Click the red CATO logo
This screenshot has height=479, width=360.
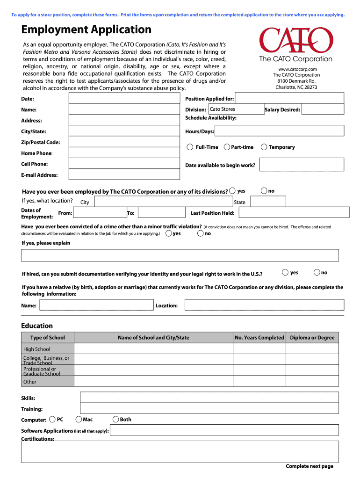(x=296, y=41)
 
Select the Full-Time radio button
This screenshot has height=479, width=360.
(x=190, y=147)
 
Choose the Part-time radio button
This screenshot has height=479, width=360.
(x=227, y=147)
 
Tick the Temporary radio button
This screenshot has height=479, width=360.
(x=265, y=147)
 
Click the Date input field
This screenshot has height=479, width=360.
(x=124, y=99)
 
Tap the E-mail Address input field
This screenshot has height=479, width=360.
(x=124, y=174)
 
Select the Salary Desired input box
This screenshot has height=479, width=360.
(x=323, y=109)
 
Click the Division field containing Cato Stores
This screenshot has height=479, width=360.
(x=236, y=109)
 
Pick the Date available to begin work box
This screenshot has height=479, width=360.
(x=302, y=165)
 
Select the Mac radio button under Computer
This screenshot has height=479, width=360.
(x=79, y=419)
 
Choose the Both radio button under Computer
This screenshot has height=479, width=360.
(x=116, y=419)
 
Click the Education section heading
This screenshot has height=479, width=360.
(x=37, y=326)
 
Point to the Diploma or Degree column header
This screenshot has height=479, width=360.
(x=312, y=337)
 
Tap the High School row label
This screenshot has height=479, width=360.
(x=37, y=349)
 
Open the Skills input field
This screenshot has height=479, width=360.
(x=209, y=398)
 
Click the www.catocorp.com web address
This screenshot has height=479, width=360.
(x=296, y=69)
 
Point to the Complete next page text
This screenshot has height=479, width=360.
(x=310, y=466)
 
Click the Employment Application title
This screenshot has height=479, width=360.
(x=86, y=30)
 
